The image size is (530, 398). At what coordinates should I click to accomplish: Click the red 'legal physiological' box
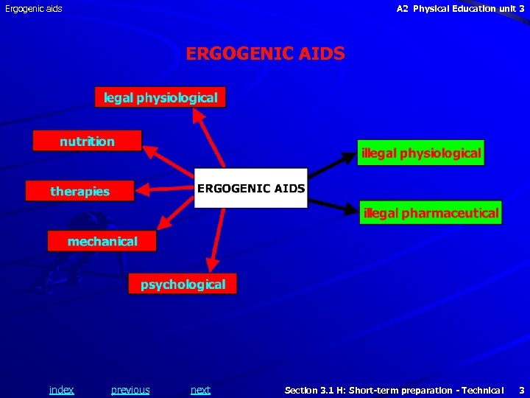pos(160,97)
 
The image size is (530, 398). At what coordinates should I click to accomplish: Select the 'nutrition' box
pos(87,141)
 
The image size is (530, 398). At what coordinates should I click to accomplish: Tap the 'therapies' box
pos(79,191)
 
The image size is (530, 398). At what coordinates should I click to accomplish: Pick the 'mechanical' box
pos(102,241)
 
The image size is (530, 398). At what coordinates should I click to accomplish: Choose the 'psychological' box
pos(183,284)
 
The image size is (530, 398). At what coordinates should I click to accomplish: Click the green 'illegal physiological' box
pos(421,153)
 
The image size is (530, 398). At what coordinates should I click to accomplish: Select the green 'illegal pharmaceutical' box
pos(431,213)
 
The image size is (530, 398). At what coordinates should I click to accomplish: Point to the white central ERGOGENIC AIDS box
pos(250,189)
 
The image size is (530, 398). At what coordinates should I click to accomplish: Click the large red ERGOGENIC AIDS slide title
pos(265,54)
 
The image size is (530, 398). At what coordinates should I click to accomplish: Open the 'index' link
pos(61,390)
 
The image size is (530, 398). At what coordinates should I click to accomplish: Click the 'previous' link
pos(130,390)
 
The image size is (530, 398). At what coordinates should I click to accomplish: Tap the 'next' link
pos(200,390)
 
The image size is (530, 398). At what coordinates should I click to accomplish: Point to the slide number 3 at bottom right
pos(521,390)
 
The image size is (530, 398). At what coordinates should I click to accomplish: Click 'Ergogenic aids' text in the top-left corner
pos(34,9)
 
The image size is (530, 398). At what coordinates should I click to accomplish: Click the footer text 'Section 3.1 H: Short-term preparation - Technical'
pos(394,390)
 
